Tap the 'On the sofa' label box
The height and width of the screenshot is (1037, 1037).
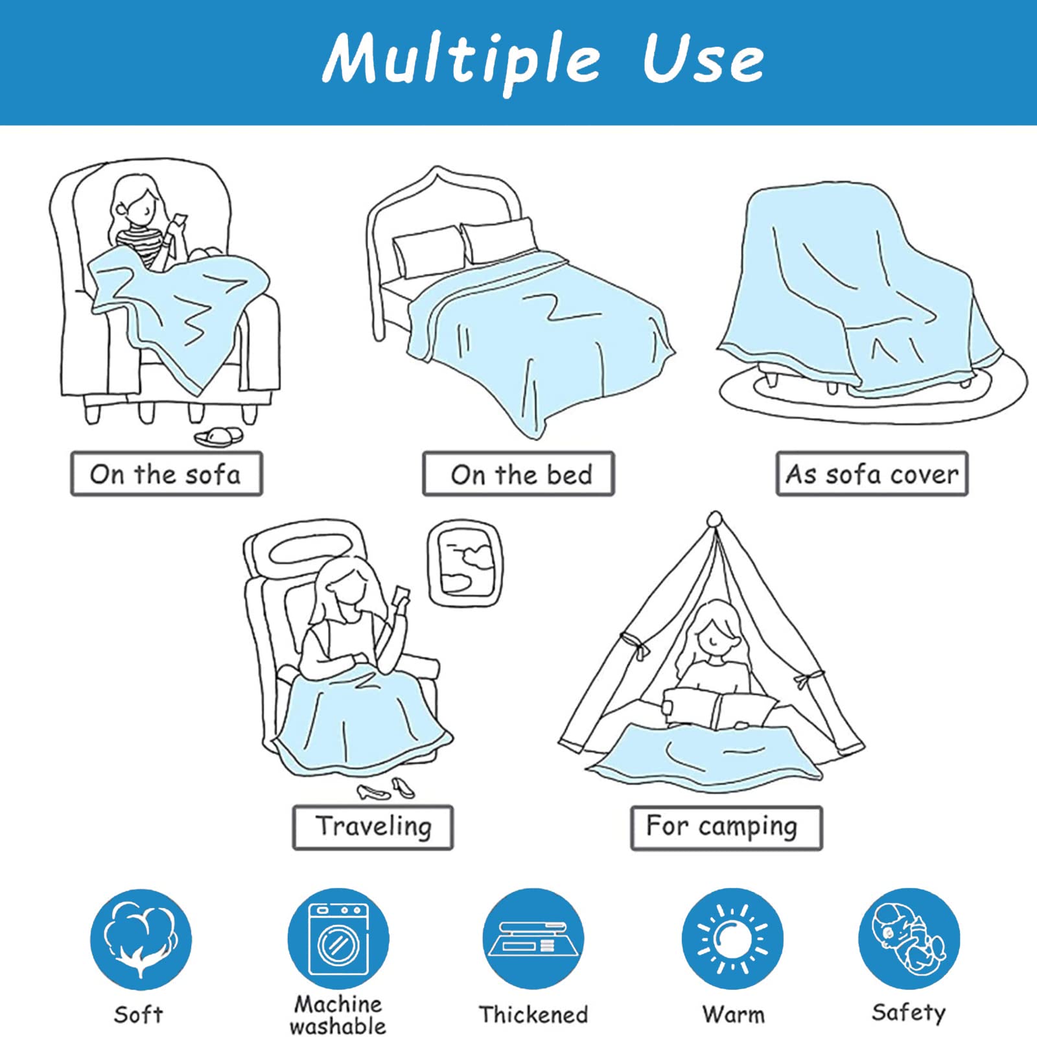(x=167, y=474)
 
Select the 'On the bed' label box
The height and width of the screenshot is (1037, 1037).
(x=518, y=474)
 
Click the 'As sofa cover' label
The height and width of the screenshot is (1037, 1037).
(x=872, y=474)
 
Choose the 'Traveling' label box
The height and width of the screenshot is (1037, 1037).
(x=373, y=827)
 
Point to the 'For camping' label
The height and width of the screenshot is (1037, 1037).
(x=727, y=828)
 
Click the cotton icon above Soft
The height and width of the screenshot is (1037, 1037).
(x=141, y=938)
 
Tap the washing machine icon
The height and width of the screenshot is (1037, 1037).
(x=338, y=938)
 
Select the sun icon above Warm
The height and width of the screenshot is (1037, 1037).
(x=732, y=938)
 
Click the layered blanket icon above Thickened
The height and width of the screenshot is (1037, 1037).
(x=533, y=938)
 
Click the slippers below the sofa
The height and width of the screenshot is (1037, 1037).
(x=219, y=436)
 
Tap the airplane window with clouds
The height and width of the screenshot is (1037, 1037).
(x=464, y=563)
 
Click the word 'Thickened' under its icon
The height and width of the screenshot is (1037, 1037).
(x=533, y=1014)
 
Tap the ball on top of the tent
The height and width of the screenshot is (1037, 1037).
(x=714, y=519)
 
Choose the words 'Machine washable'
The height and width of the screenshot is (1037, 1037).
(x=338, y=1015)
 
